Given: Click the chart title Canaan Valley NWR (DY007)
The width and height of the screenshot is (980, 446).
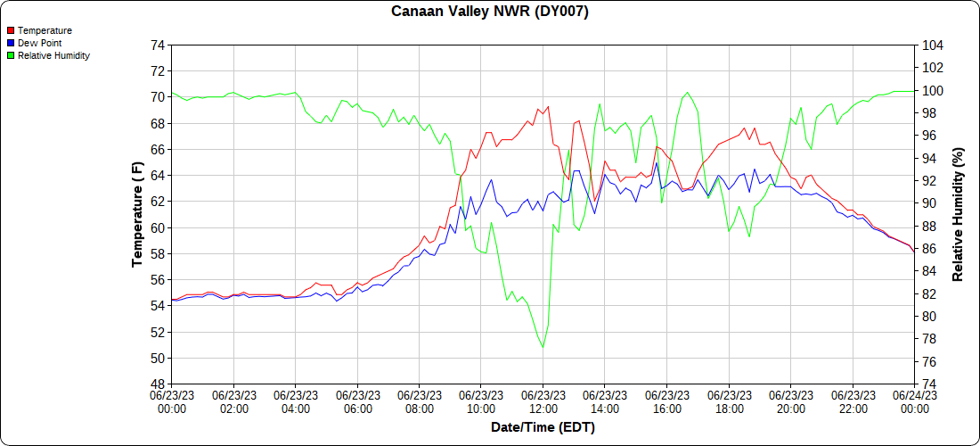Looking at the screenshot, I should (x=490, y=12).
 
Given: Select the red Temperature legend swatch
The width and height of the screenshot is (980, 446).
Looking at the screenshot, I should (x=11, y=30).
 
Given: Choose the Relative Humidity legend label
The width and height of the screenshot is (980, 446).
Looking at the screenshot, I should (x=53, y=55).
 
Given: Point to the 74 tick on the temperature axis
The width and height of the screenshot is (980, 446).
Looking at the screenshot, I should (x=157, y=45).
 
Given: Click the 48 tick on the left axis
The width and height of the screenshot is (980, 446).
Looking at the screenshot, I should (x=157, y=384).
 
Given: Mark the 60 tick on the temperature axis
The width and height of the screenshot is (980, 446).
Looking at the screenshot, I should (x=157, y=228).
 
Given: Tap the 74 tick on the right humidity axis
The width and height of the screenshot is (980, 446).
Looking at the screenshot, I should (x=927, y=384).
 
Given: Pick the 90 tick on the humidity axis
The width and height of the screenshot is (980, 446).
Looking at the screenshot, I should (x=927, y=203).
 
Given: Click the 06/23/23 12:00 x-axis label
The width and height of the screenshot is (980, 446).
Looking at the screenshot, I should (x=543, y=401).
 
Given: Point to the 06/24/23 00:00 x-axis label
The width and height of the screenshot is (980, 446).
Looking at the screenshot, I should (x=914, y=401).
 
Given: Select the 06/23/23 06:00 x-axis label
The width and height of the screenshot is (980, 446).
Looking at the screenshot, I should (x=357, y=401).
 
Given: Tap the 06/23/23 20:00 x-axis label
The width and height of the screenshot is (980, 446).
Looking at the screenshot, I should (x=790, y=401).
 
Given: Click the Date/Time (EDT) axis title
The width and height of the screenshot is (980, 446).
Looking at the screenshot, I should (x=543, y=427).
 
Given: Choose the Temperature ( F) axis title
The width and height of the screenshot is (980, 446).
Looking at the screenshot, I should (x=137, y=214).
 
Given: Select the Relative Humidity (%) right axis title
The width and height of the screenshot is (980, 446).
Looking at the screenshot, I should (x=958, y=214).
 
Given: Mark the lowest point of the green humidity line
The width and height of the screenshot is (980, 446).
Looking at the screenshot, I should (x=543, y=347).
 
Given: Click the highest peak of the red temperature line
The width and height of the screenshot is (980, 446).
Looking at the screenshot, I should (x=547, y=106).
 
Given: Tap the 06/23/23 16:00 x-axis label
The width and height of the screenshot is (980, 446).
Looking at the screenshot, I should (x=666, y=401).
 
